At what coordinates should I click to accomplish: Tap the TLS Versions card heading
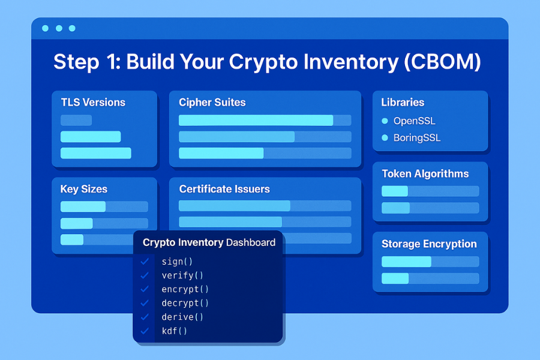pos(93,103)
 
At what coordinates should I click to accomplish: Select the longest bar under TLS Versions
pos(96,153)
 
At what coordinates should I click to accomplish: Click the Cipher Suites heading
pos(212,103)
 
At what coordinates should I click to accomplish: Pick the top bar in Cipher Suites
pos(256,120)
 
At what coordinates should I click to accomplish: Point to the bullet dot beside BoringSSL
pos(385,138)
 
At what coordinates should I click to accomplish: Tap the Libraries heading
pos(403,103)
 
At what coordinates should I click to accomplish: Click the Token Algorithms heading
pos(425,174)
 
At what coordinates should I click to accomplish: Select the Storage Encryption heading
pos(429,244)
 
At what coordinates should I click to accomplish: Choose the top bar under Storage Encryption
pos(407,262)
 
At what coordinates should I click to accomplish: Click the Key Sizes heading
pos(84,189)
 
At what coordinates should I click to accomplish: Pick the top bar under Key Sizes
pos(83,206)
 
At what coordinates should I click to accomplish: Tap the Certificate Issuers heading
pos(224,189)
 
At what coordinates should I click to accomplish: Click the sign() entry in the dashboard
pos(177,262)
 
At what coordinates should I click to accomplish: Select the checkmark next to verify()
pos(144,275)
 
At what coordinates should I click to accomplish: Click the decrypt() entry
pos(185,303)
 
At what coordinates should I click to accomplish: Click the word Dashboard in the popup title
pos(250,243)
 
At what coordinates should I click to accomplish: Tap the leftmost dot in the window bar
pos(46,28)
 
